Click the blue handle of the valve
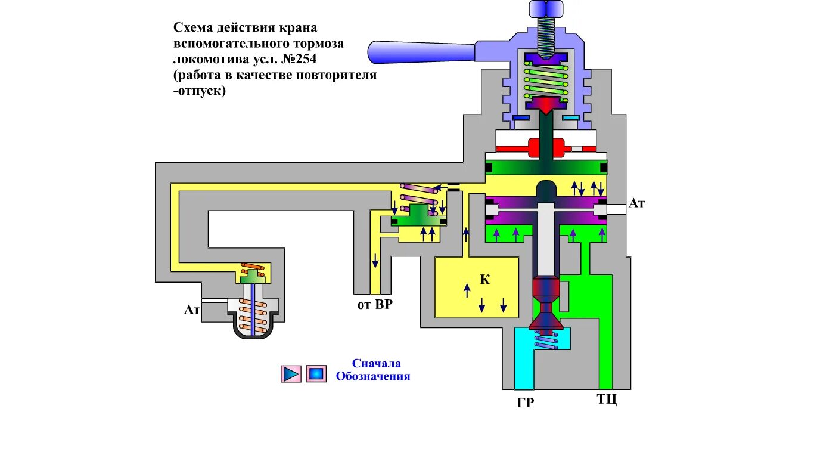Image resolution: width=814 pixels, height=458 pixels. [x=417, y=51]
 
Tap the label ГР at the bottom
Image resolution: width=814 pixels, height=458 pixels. [x=525, y=403]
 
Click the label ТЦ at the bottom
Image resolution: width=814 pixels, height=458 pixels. [x=607, y=399]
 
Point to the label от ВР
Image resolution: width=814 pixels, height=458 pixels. [x=375, y=305]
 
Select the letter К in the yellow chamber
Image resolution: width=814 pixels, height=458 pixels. [x=485, y=280]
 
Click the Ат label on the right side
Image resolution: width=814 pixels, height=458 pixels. [x=637, y=203]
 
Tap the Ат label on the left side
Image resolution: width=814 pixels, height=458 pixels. [x=192, y=310]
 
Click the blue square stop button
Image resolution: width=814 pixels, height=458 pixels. [x=316, y=374]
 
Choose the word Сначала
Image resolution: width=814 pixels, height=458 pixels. [x=376, y=363]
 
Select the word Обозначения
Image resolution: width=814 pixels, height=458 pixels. [x=373, y=376]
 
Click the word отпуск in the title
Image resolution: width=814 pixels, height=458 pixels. [x=201, y=91]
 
